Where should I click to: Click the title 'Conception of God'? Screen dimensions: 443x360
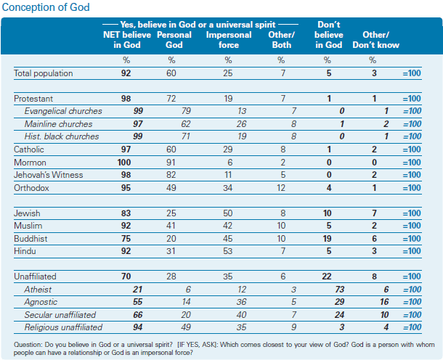pos(46,7)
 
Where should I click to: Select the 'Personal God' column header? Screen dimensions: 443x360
pos(174,40)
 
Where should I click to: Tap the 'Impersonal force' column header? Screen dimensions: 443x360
pos(229,40)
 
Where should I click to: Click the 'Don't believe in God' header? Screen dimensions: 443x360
pos(328,35)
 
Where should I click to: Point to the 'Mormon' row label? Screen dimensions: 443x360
pos(30,163)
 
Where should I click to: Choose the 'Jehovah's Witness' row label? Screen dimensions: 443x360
pos(49,175)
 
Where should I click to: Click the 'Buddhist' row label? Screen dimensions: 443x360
pos(31,239)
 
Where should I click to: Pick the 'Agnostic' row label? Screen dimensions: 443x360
pos(41,302)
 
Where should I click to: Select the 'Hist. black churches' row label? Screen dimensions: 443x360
pos(62,136)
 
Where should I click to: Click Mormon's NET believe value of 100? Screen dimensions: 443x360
pos(124,163)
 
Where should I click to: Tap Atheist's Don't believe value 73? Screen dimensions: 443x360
pos(340,290)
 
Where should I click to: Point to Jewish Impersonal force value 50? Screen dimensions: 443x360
pos(228,213)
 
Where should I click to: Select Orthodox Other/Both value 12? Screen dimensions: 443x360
pos(281,188)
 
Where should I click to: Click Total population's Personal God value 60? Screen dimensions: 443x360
pos(171,73)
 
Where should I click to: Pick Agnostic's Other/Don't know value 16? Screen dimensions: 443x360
pos(384,302)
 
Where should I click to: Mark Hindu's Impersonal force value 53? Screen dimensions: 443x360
pos(228,251)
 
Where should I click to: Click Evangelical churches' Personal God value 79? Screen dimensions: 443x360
pos(186,111)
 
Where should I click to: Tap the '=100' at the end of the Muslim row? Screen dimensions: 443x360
pos(412,226)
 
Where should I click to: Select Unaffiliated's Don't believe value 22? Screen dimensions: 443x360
pos(327,277)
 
